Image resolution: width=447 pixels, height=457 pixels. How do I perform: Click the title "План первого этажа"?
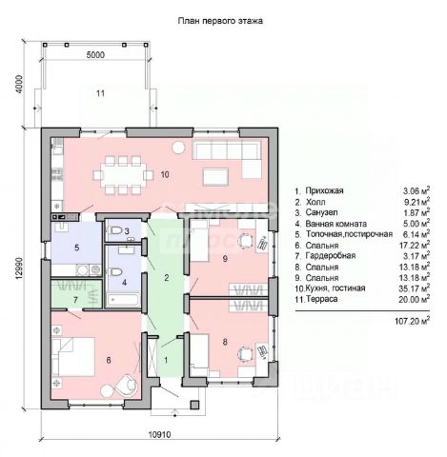pyautogui.click(x=220, y=21)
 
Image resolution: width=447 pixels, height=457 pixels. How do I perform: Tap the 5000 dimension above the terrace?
pyautogui.click(x=95, y=55)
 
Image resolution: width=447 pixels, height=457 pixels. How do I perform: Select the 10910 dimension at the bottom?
pyautogui.click(x=159, y=434)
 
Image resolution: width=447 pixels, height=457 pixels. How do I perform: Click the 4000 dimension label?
pyautogui.click(x=20, y=85)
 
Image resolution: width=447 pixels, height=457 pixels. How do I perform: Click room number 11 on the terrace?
pyautogui.click(x=100, y=93)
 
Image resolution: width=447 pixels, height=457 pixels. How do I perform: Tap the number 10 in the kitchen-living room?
pyautogui.click(x=165, y=174)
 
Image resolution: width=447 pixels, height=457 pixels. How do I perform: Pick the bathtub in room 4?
pyautogui.click(x=123, y=300)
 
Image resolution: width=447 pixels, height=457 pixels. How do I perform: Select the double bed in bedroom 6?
pyautogui.click(x=73, y=356)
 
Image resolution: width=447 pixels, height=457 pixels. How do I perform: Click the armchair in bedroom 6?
pyautogui.click(x=126, y=385)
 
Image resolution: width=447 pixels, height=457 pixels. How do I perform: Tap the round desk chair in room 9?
pyautogui.click(x=245, y=239)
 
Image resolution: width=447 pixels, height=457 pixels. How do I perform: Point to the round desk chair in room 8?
pyautogui.click(x=245, y=353)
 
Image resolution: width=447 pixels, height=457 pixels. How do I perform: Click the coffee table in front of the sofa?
pyautogui.click(x=215, y=176)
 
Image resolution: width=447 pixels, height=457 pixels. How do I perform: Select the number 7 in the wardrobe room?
pyautogui.click(x=75, y=299)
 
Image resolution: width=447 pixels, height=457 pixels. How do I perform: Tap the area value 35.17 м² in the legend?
pyautogui.click(x=414, y=288)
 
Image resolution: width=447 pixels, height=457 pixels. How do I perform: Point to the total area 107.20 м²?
pyautogui.click(x=412, y=321)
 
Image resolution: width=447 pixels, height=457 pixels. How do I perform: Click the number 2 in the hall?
pyautogui.click(x=166, y=278)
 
